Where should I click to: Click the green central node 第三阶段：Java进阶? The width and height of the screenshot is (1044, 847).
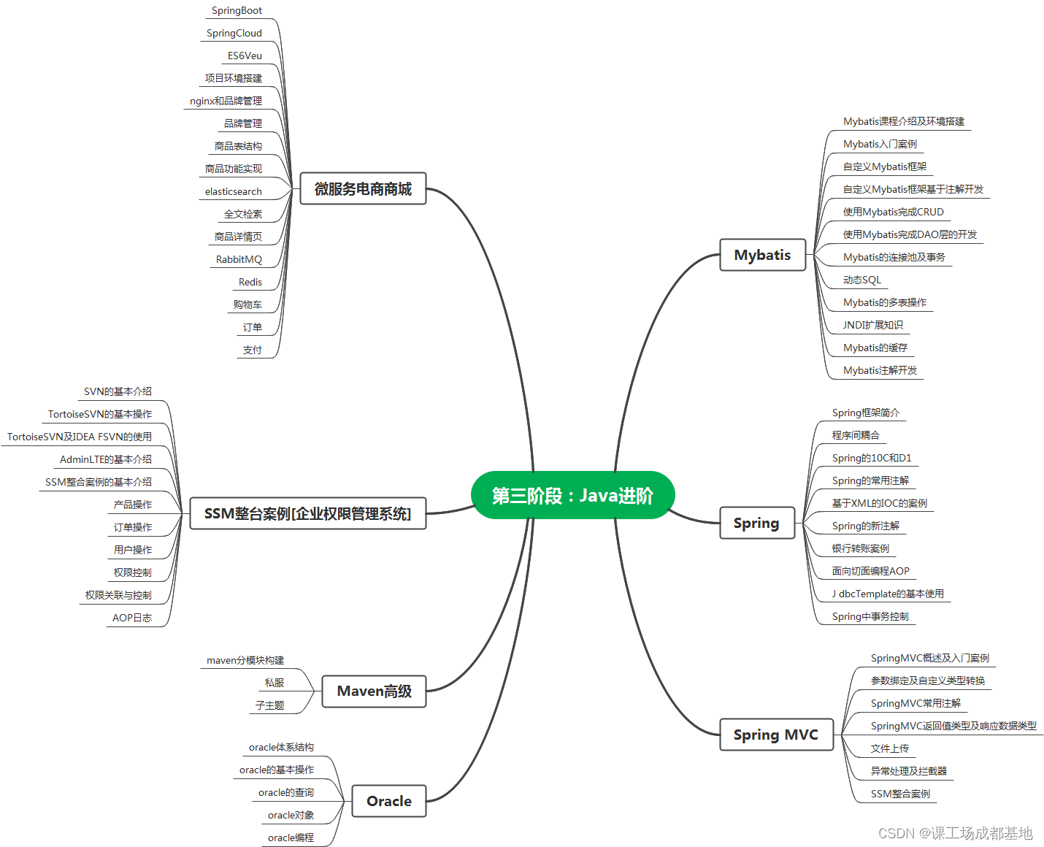(x=572, y=496)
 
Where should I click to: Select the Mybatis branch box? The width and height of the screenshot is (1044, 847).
(x=762, y=255)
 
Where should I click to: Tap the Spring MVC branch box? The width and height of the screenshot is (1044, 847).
(x=775, y=735)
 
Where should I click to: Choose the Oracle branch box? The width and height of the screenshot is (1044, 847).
(x=388, y=801)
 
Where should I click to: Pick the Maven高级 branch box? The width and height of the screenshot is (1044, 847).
(x=374, y=691)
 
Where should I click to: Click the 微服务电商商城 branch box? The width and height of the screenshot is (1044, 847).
(x=363, y=189)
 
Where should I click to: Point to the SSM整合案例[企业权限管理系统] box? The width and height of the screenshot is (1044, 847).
(x=307, y=513)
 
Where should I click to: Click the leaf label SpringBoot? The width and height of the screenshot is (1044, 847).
(x=237, y=11)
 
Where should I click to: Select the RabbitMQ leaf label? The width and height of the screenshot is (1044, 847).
(x=239, y=260)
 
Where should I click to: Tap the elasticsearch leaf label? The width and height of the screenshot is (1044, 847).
(x=233, y=192)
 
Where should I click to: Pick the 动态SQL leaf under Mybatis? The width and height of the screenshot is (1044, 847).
(x=862, y=280)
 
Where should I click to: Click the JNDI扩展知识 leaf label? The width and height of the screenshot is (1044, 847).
(x=873, y=326)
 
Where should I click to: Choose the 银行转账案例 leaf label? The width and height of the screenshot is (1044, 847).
(x=861, y=549)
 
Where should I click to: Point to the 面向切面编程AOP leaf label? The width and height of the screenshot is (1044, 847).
(x=871, y=572)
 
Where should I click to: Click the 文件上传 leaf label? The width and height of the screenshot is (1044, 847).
(x=890, y=749)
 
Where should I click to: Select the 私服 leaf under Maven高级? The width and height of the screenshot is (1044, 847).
(x=275, y=683)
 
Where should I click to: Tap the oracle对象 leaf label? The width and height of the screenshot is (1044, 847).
(x=291, y=816)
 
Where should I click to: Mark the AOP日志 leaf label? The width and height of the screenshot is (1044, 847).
(x=132, y=618)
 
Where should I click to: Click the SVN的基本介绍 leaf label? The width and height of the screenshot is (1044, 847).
(x=118, y=392)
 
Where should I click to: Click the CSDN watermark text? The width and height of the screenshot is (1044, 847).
(x=955, y=833)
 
